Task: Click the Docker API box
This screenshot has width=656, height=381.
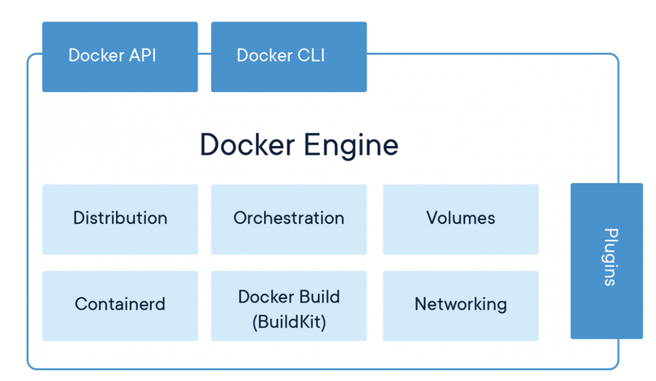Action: (120, 56)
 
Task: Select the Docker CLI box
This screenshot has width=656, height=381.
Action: (289, 56)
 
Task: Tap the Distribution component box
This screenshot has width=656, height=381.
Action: (120, 219)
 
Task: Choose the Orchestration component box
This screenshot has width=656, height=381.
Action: (289, 219)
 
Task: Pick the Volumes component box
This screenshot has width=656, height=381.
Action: (461, 219)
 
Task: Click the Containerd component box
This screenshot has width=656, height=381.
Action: (120, 305)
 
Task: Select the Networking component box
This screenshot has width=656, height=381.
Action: (461, 305)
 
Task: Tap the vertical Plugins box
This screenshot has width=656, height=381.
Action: (607, 261)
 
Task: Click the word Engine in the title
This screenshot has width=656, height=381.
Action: (351, 145)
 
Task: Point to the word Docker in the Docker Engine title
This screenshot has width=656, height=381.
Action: (247, 144)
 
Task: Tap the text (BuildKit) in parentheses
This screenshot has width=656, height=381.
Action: (289, 322)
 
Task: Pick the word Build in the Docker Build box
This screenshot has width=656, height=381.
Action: (319, 297)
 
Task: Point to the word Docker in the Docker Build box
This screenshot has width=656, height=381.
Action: (262, 297)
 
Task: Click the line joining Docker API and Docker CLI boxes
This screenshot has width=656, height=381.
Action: (204, 54)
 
